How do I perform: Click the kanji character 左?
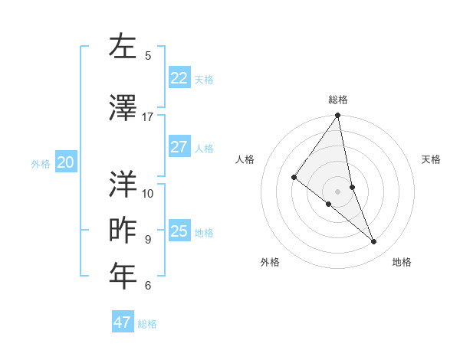coord(123,47)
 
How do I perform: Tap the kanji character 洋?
coord(123,184)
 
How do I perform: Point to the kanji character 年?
coord(123,277)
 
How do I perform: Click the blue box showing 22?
coord(179,78)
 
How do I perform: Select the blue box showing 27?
coord(179,147)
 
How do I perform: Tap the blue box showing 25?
coord(179,231)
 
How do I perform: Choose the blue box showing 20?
coord(66,162)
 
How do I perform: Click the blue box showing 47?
coord(122,322)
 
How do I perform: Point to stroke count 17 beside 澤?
coord(148,117)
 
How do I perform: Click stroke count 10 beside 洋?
coord(148,193)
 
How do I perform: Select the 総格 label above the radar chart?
coord(338,100)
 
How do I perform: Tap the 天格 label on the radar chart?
coord(432,159)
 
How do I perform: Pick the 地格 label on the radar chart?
coord(402,262)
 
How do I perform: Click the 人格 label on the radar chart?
coord(245,159)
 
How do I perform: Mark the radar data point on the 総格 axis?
coord(337,116)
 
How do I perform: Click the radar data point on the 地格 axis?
coord(374,242)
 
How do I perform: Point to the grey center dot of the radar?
coord(337,191)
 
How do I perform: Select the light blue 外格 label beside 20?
coord(41,163)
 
